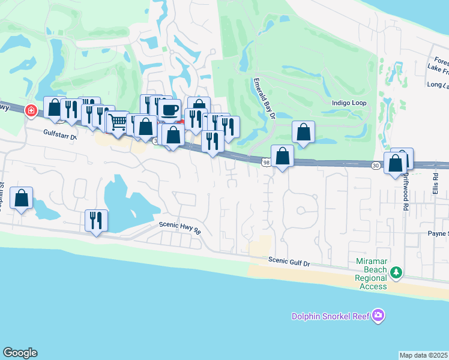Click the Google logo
click(20, 353)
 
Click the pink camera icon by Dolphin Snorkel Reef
click(378, 315)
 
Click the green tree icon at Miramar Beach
click(396, 273)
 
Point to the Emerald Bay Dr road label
click(264, 99)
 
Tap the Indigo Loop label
click(349, 103)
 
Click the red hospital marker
click(31, 110)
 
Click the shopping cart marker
click(118, 122)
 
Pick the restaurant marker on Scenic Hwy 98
click(96, 220)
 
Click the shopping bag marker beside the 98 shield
click(282, 156)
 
